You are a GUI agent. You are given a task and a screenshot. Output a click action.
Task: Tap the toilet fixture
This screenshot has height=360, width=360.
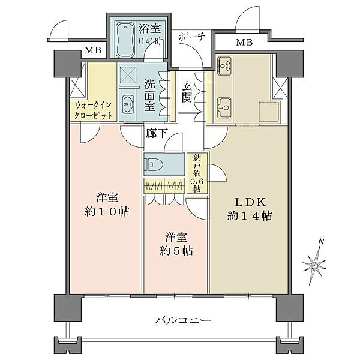point(154,164)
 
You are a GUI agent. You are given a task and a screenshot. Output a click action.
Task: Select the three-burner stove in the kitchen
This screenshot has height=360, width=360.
point(225,65)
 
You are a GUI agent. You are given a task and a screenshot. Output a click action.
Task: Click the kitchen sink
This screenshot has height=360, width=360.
point(225,107)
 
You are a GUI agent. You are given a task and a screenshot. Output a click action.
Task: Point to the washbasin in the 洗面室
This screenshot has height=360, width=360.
point(127,104)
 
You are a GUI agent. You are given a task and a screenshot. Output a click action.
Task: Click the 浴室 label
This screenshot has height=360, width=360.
point(149,29)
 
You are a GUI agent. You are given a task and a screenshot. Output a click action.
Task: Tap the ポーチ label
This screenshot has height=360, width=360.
point(191,37)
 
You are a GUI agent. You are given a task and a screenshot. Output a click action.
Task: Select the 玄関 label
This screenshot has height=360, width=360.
point(187,92)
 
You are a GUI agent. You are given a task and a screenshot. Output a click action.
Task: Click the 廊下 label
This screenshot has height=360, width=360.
point(157,133)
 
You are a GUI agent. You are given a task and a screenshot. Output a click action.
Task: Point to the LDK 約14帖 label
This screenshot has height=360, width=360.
point(250,209)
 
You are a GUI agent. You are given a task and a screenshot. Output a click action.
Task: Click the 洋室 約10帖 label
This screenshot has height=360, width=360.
point(107,205)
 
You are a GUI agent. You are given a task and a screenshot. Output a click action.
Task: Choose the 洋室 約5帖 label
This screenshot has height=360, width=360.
point(176,244)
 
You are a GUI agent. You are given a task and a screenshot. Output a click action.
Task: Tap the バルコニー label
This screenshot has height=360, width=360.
point(183,320)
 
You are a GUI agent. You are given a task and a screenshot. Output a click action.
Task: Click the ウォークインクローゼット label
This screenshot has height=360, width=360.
point(94,110)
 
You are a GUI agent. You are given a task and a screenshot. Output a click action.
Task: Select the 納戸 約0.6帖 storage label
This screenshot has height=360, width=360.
point(197,173)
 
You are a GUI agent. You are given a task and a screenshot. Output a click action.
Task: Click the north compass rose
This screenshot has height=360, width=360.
point(314,264)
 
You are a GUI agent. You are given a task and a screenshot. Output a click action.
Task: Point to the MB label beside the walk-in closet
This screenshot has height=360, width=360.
point(93,50)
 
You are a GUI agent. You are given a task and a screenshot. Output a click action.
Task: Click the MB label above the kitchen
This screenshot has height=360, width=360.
point(245,42)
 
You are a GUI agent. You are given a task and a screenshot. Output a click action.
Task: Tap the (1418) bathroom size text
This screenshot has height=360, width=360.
point(149,41)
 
